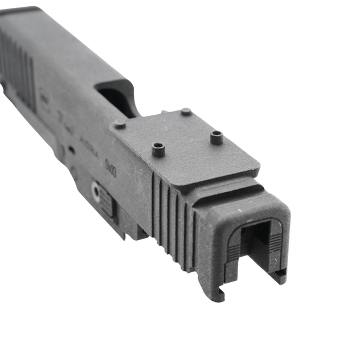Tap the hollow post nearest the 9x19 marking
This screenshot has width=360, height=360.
point(158,148)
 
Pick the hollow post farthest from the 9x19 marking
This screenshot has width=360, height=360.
point(216,136)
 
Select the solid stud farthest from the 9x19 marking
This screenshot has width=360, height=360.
point(186,111)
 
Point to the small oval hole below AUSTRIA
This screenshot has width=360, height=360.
point(72,149)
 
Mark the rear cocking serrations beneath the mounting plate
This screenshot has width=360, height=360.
point(172,220)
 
